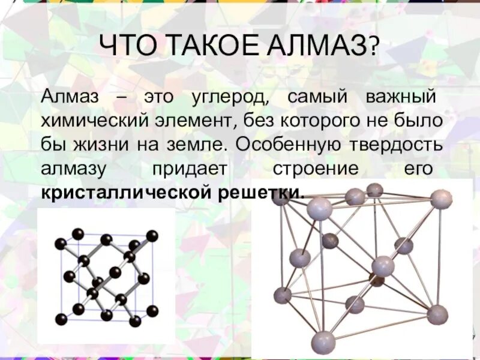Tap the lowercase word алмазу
[74, 169]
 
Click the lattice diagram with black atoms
[106, 277]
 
